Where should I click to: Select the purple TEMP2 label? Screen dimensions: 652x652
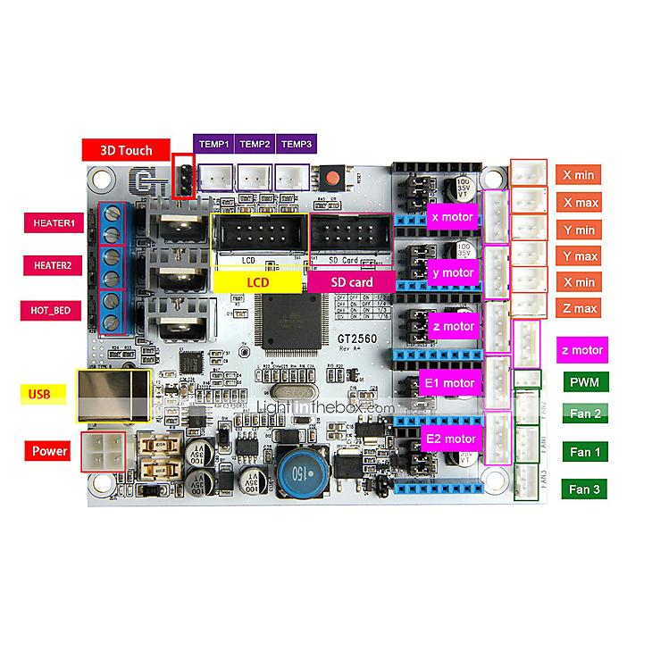coord(255,144)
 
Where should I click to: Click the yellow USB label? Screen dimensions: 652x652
coord(40,392)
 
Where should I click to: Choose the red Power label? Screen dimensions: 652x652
coord(50,451)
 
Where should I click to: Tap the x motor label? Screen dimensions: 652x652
coord(452,217)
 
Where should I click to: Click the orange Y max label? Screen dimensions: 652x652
coord(581,256)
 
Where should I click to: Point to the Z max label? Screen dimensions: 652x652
coord(581,309)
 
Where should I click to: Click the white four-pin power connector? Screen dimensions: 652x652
coord(104,450)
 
